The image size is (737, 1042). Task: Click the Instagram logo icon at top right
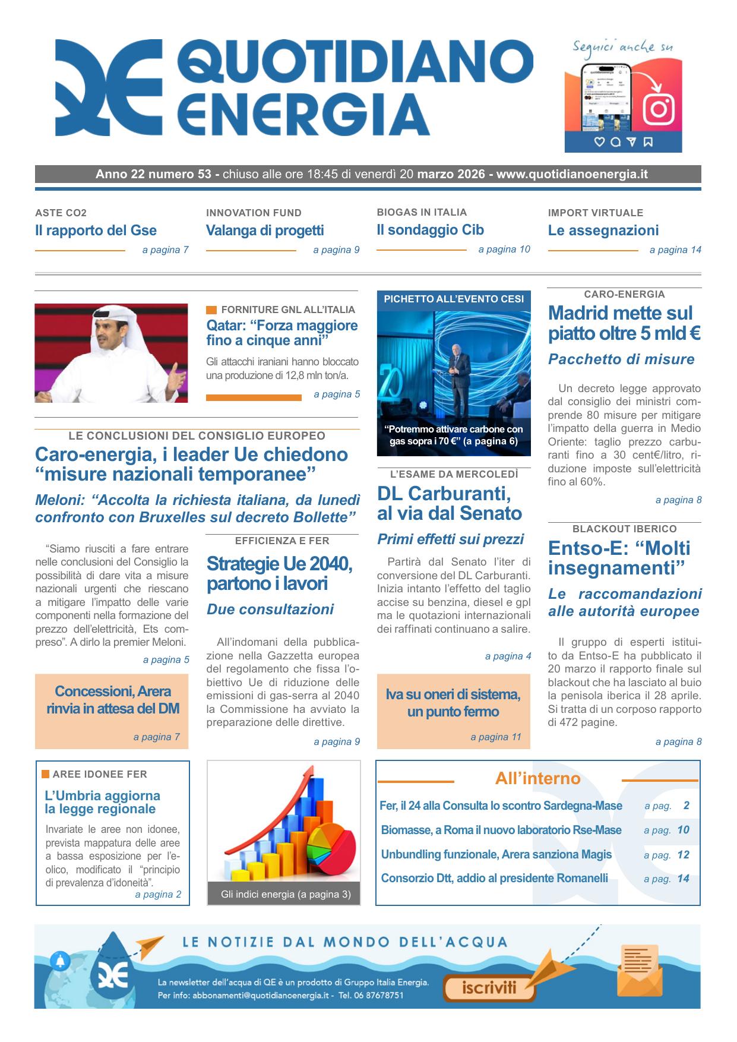[659, 109]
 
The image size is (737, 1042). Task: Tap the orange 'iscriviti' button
[489, 988]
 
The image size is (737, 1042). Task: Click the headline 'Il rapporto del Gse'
[96, 230]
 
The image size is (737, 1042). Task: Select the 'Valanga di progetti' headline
[265, 230]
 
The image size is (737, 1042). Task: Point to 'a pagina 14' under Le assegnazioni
[675, 250]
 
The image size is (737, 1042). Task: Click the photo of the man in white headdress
[111, 353]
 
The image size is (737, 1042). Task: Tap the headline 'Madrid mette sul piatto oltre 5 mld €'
[624, 323]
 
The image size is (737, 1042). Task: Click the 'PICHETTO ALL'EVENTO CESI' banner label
[454, 299]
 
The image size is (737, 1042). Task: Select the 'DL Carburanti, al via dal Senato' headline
[449, 503]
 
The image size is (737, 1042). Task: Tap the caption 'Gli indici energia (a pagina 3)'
[285, 894]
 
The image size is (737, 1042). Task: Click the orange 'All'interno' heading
[537, 779]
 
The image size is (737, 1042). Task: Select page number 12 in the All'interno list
[683, 855]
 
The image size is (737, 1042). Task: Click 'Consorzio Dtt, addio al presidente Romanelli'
[494, 878]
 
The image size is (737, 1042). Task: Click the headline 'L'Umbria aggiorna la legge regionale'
[102, 802]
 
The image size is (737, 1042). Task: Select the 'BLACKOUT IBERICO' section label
[624, 529]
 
